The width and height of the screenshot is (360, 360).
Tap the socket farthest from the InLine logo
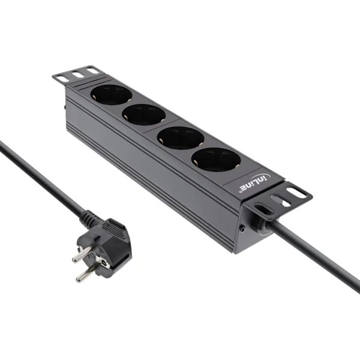pos(111,95)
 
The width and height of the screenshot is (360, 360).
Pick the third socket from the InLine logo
pos(143,114)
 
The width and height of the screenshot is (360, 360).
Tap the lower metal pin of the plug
pos(85,273)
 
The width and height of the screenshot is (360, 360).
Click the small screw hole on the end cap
pos(242,229)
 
